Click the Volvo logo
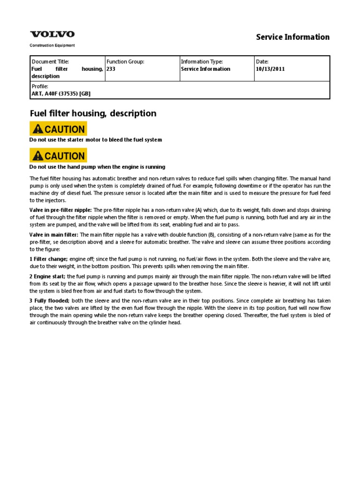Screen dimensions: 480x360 pos(52,34)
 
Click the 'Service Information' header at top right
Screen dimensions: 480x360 pos(292,37)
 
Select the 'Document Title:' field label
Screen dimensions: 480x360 pos(50,62)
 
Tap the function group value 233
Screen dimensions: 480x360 pos(111,69)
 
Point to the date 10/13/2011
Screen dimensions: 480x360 pos(270,69)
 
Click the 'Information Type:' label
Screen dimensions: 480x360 pos(202,62)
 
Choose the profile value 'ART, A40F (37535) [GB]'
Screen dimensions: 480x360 pos(61,94)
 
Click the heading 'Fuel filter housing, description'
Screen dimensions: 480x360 pos(93,113)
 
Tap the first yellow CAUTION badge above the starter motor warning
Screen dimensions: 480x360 pos(58,129)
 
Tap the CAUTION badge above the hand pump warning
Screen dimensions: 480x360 pos(58,156)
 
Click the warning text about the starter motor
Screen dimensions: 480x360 pos(96,140)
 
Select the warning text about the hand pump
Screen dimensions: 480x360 pos(97,167)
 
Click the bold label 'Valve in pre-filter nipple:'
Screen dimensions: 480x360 pos(60,210)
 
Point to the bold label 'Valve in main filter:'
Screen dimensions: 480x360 pos(54,235)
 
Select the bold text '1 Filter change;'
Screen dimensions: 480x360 pos(49,259)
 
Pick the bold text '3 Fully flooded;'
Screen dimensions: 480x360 pos(50,300)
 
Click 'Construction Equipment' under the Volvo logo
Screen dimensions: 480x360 pos(52,45)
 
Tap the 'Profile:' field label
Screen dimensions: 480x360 pos(40,87)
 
